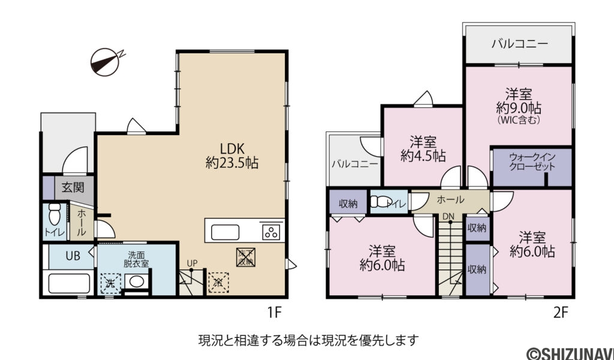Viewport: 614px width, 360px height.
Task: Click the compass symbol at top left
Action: click(106, 60)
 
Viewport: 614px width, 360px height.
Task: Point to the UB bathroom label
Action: click(73, 256)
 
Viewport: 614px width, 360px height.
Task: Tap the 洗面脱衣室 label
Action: click(137, 259)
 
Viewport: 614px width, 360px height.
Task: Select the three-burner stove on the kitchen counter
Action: click(271, 230)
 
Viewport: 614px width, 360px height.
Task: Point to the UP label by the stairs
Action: click(192, 263)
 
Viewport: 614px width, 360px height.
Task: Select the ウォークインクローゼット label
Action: click(532, 162)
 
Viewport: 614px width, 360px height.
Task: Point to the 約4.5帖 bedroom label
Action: click(423, 149)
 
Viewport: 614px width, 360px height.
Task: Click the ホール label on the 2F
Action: click(450, 199)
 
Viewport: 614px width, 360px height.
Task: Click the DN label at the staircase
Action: click(449, 215)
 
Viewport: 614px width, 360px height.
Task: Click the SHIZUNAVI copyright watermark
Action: click(570, 353)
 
